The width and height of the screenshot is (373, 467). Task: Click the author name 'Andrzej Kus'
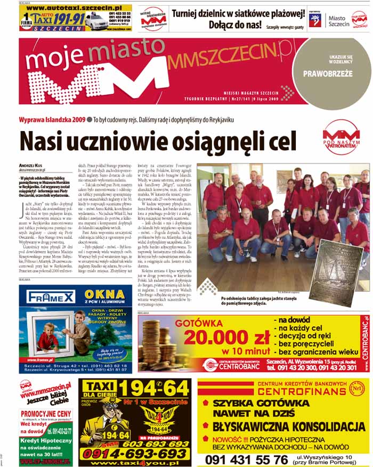(x=33, y=166)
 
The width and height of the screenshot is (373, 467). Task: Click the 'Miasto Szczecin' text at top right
(x=336, y=21)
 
